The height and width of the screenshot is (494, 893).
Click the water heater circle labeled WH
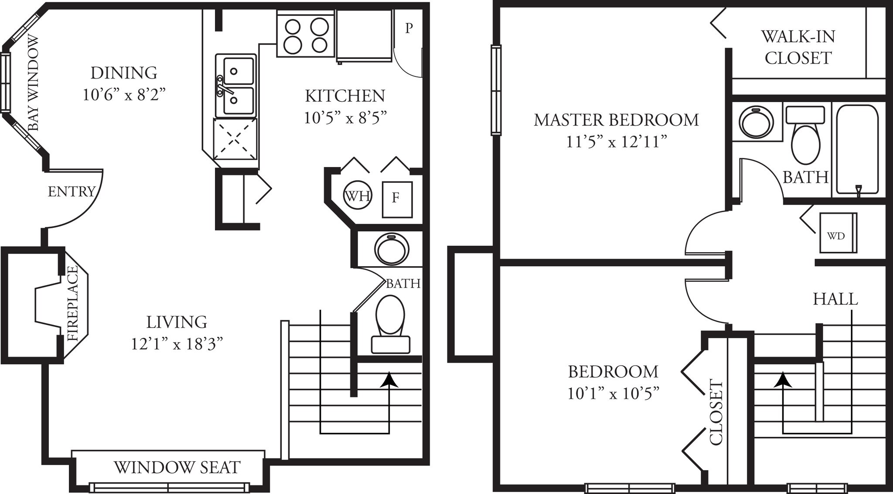coord(358,196)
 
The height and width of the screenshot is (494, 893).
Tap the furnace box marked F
coord(397,199)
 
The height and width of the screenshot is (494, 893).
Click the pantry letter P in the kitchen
coord(409,28)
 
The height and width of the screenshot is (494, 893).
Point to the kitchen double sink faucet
coord(223,86)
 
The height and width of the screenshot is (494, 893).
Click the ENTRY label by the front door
coord(72,192)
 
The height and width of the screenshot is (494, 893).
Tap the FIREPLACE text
coord(73,303)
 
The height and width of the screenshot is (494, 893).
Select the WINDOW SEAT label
coord(177,467)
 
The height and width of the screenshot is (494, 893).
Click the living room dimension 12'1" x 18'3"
coord(177,344)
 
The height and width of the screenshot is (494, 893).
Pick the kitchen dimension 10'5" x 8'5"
coord(345,118)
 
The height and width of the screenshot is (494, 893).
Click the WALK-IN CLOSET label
coord(798,47)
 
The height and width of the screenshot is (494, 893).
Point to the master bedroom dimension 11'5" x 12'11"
coord(616,142)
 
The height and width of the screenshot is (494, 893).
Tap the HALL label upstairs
coord(835,299)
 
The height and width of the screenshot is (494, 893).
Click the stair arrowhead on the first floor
coord(389,380)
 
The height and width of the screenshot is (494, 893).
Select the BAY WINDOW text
coord(34,83)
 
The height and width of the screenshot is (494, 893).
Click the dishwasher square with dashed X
coord(235,138)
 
